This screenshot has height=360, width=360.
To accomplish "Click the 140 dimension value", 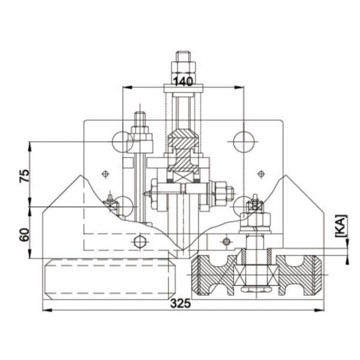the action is click(183, 82).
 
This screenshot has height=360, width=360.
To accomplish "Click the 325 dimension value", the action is click(181, 304).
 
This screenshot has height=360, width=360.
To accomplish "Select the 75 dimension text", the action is click(25, 176).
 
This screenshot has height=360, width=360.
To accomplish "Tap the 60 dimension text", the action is click(25, 235).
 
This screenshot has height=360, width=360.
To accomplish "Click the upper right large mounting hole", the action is click(244, 142).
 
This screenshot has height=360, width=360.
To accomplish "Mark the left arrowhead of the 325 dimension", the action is click(47, 310).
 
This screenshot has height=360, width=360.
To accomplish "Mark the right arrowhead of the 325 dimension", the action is click(319, 310).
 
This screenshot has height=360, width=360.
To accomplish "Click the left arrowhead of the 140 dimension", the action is click(128, 87).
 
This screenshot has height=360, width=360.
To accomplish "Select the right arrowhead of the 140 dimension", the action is click(239, 87).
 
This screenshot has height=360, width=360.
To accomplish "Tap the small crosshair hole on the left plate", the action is click(106, 174).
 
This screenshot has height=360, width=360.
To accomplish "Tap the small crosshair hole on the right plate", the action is click(261, 174).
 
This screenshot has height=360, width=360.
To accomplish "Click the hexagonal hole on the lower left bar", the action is click(140, 242).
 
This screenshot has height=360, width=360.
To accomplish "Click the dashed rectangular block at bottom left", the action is click(109, 279).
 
